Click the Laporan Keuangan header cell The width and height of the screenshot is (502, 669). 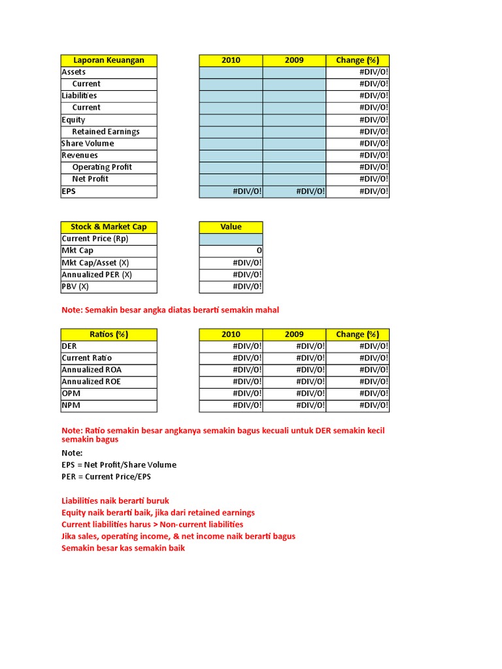point(109,60)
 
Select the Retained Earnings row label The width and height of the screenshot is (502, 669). point(105,131)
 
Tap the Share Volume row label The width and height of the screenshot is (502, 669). point(88,143)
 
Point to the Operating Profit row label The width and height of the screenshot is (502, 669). point(102,167)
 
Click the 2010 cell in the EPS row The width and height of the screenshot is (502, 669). point(231,191)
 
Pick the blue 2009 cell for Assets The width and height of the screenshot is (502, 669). point(294,72)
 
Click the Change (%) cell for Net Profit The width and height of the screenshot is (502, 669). point(358,179)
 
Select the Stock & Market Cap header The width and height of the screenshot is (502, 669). point(109,227)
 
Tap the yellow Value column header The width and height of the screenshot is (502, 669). point(231,227)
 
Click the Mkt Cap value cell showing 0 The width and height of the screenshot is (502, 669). point(231,251)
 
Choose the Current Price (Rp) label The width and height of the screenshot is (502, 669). point(95,239)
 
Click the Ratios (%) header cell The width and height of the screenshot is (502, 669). point(109,334)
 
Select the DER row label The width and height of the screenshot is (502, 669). point(69,346)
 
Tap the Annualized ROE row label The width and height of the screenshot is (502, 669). point(91,382)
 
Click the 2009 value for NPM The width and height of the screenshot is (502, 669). point(294,405)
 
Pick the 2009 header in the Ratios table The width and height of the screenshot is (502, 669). point(294,334)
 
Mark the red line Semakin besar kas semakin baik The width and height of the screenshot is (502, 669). point(123,548)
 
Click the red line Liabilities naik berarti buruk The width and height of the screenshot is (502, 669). point(115,500)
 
